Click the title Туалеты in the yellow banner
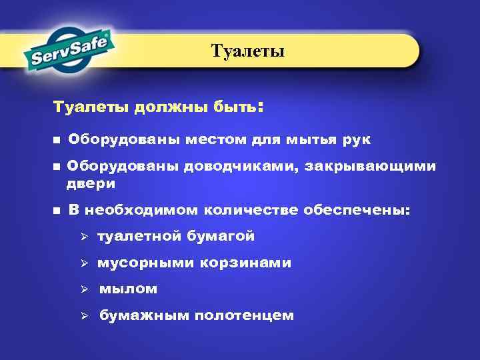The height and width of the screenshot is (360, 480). (247, 51)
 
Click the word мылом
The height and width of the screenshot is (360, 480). (128, 289)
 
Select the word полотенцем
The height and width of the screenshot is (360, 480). (244, 316)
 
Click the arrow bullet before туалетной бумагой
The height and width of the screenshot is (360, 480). (84, 237)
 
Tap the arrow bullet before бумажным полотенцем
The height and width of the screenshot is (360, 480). (84, 316)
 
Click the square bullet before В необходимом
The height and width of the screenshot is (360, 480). (57, 211)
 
